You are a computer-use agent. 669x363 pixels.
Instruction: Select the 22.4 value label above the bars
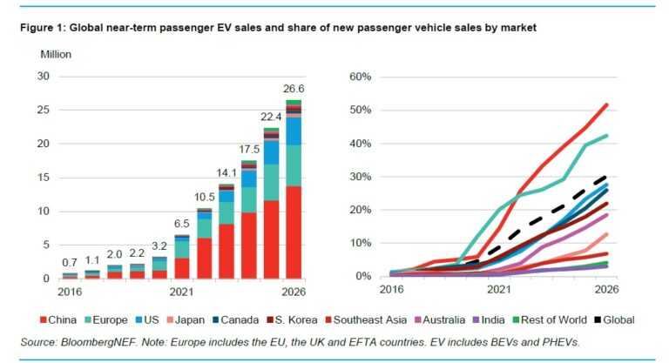pyautogui.click(x=272, y=117)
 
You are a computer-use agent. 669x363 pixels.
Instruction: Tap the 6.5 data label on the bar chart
pyautogui.click(x=181, y=224)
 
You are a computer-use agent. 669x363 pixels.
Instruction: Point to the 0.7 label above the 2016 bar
pyautogui.click(x=69, y=263)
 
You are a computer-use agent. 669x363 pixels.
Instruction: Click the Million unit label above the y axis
pyautogui.click(x=56, y=55)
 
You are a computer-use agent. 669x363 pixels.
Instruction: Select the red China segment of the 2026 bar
pyautogui.click(x=294, y=232)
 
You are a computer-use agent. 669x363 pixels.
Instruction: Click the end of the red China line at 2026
pyautogui.click(x=606, y=105)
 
